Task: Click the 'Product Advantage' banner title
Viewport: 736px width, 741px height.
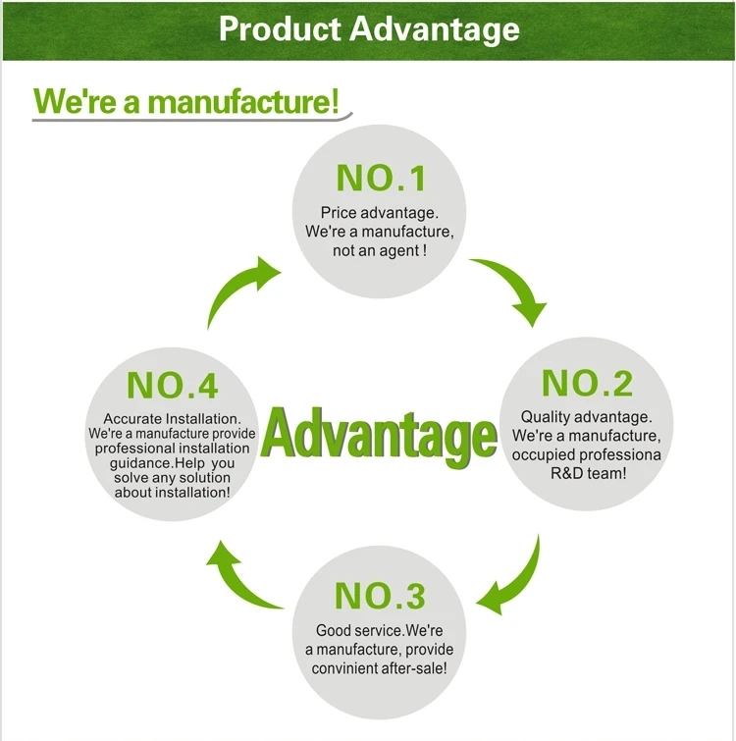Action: [x=368, y=28]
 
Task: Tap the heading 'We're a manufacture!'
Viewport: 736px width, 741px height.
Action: [x=186, y=101]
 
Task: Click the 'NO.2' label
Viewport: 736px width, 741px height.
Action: [x=588, y=383]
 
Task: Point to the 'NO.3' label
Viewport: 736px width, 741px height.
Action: [x=380, y=596]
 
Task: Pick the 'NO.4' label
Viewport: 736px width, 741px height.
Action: [x=173, y=385]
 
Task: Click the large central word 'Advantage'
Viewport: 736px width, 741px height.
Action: [x=380, y=435]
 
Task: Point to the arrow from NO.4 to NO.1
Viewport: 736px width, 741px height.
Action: [x=243, y=290]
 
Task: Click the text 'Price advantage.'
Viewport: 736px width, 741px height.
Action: [x=380, y=212]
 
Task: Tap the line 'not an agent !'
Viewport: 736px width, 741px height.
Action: [x=380, y=250]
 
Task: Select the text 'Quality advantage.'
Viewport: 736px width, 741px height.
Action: [x=586, y=417]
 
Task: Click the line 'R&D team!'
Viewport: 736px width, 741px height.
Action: [x=587, y=473]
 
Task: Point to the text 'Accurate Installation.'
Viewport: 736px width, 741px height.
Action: [x=173, y=419]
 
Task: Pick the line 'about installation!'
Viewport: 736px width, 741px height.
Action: [x=173, y=492]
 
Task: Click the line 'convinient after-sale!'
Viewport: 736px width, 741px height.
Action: [x=379, y=668]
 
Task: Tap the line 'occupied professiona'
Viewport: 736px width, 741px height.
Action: [x=587, y=454]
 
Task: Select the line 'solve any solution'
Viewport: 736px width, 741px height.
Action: [x=173, y=478]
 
